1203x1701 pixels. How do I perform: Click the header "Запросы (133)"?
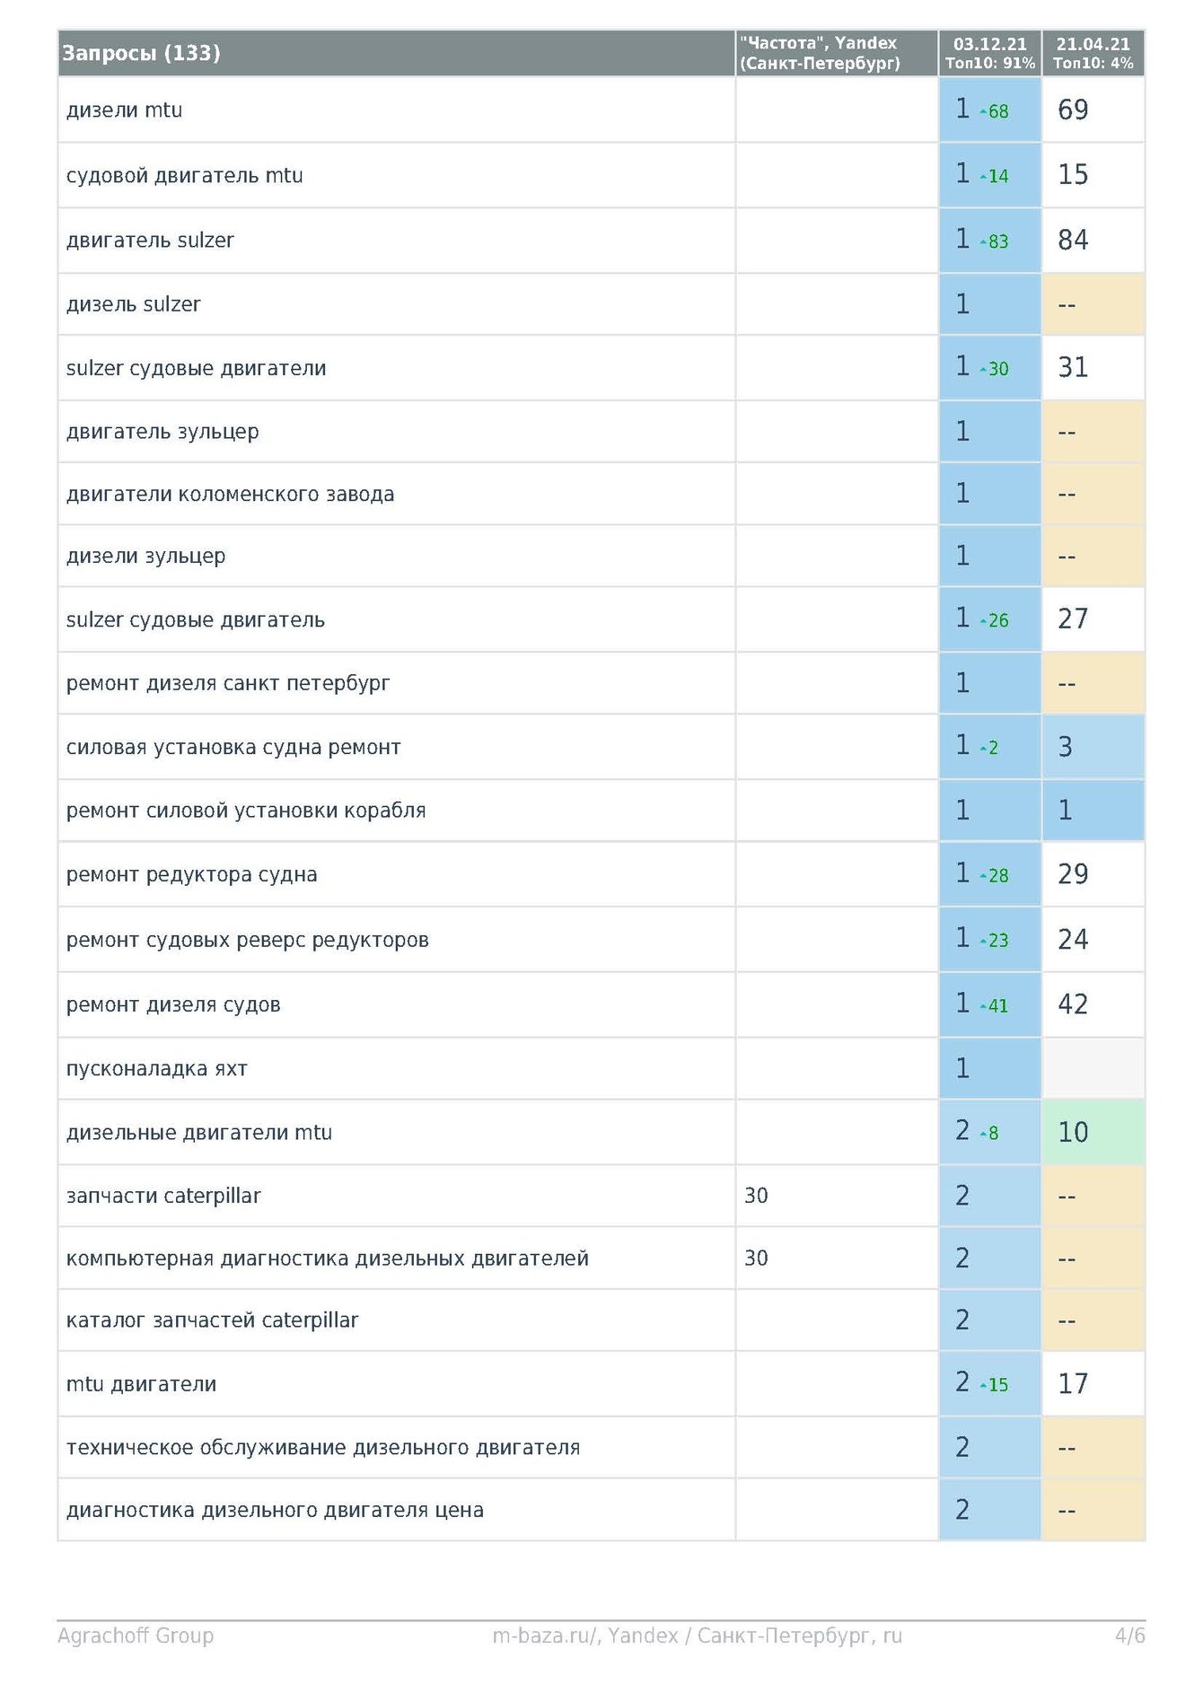point(141,53)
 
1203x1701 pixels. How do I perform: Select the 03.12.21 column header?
point(989,53)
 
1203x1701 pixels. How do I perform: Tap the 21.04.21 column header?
point(1093,53)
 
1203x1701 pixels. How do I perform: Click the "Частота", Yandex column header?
point(819,53)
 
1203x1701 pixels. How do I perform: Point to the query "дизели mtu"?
point(124,110)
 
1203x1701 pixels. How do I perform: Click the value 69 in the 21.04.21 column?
point(1073,110)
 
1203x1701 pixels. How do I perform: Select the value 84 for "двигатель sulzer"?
point(1073,241)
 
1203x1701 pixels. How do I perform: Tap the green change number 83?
point(998,242)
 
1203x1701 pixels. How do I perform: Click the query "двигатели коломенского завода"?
point(230,495)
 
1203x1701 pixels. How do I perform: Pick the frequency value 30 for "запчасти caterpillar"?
point(756,1196)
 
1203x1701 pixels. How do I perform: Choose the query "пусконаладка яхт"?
point(156,1069)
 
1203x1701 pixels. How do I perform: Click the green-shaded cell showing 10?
point(1073,1133)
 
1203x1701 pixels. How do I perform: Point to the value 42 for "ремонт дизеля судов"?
point(1073,1004)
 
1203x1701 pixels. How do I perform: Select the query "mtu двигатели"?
point(141,1384)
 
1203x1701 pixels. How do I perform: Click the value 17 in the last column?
point(1073,1384)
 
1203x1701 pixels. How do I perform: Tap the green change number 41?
point(998,1006)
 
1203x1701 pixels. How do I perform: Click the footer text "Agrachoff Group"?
point(136,1635)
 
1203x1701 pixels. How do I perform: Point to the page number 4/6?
point(1129,1635)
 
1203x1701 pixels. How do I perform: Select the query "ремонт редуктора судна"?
point(191,875)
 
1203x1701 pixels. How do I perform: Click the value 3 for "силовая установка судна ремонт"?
point(1066,747)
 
